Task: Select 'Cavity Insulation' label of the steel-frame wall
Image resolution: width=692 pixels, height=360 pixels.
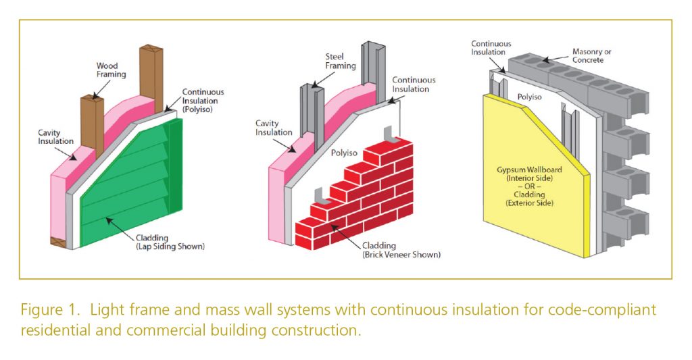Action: pos(273,128)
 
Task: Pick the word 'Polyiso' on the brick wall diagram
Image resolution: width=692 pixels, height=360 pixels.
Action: pos(344,153)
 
